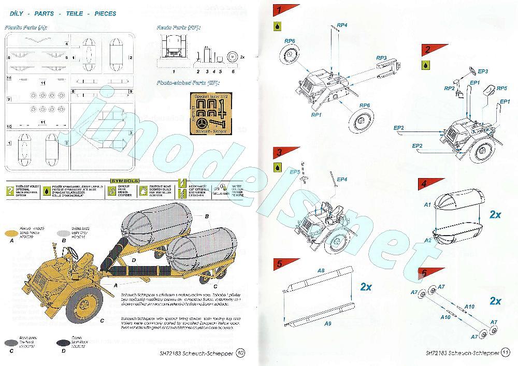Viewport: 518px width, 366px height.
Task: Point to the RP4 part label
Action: click(x=342, y=25)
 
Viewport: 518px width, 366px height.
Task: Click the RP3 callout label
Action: click(x=382, y=57)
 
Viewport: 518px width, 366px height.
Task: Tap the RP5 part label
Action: click(x=501, y=88)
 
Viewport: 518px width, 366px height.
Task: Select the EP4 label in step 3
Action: click(x=342, y=179)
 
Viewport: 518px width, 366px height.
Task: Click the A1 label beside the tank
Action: click(x=427, y=205)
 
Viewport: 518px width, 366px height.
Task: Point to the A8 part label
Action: click(x=321, y=271)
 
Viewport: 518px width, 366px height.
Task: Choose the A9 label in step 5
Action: click(x=328, y=324)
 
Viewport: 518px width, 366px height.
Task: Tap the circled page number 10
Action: click(x=240, y=353)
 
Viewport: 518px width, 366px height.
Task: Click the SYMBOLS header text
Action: click(x=125, y=181)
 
